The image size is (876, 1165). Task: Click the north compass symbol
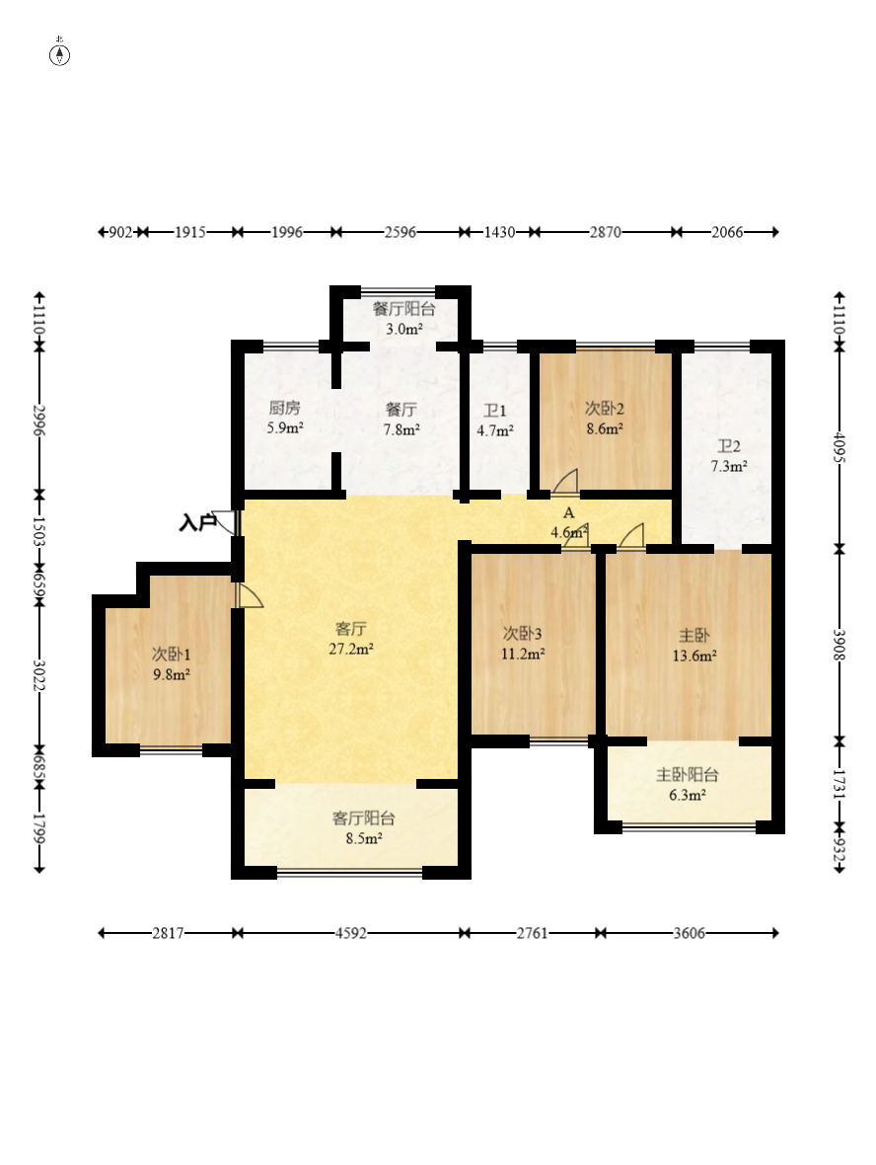click(x=60, y=54)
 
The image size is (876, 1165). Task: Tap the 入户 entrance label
click(x=196, y=523)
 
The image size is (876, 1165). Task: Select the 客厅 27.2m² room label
click(x=351, y=639)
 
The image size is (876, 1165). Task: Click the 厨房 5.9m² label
click(x=285, y=418)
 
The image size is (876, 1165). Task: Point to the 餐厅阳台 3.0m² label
click(x=403, y=319)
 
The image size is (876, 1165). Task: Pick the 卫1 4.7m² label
click(x=495, y=420)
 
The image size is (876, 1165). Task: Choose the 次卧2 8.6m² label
click(x=605, y=419)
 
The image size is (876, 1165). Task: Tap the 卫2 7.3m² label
click(x=729, y=456)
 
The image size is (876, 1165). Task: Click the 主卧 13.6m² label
click(x=694, y=646)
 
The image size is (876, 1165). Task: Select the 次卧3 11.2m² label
click(x=523, y=644)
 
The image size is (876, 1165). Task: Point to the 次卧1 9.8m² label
click(x=172, y=664)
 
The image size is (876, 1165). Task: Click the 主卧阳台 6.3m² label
click(x=688, y=785)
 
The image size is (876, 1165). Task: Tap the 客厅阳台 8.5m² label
click(x=364, y=828)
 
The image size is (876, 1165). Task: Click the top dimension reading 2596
click(x=401, y=233)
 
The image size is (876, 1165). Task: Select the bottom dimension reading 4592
click(x=350, y=933)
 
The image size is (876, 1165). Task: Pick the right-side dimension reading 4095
click(x=839, y=447)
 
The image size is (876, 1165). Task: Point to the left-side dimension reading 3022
click(x=38, y=676)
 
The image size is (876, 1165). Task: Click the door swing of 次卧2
click(x=566, y=482)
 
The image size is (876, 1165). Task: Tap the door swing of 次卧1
click(x=250, y=596)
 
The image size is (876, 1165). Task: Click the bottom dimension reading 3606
click(x=689, y=933)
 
